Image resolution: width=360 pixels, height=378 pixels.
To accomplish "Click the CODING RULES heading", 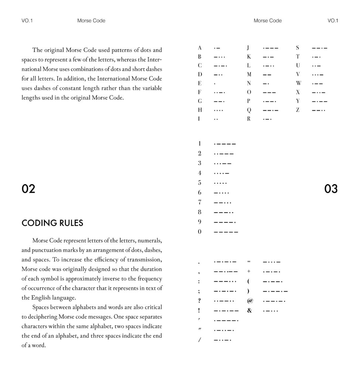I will point(52,223).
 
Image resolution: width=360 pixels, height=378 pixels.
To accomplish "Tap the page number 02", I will point(28,189).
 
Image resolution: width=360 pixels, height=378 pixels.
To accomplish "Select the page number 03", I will point(331,189).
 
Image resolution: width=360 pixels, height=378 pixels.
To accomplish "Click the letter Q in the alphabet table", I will point(249,110).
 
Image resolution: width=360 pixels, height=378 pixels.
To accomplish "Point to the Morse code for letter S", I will point(319,48).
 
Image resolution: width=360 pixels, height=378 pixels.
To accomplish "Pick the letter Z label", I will point(298,110).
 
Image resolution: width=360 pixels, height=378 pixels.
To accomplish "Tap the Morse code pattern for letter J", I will point(271,48).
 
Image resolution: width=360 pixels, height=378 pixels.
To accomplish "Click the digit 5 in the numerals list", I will point(200,183).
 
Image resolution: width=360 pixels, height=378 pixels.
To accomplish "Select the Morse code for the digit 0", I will point(226,232).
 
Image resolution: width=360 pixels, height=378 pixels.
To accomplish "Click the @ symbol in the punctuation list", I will point(250,301).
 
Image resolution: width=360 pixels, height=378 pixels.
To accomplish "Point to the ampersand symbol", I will point(250,310).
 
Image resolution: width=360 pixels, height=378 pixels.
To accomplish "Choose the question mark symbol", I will point(199,301).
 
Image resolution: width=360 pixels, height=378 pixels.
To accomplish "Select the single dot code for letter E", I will point(215,84).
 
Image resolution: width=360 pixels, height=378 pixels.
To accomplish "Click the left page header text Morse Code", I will point(91,21).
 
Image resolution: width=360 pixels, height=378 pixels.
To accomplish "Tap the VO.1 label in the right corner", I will point(333,21).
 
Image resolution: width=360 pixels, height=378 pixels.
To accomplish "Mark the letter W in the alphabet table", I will point(298,83).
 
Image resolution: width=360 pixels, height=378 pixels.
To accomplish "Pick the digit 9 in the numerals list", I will point(200,222).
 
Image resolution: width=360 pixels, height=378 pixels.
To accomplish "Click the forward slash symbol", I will point(199,340).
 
